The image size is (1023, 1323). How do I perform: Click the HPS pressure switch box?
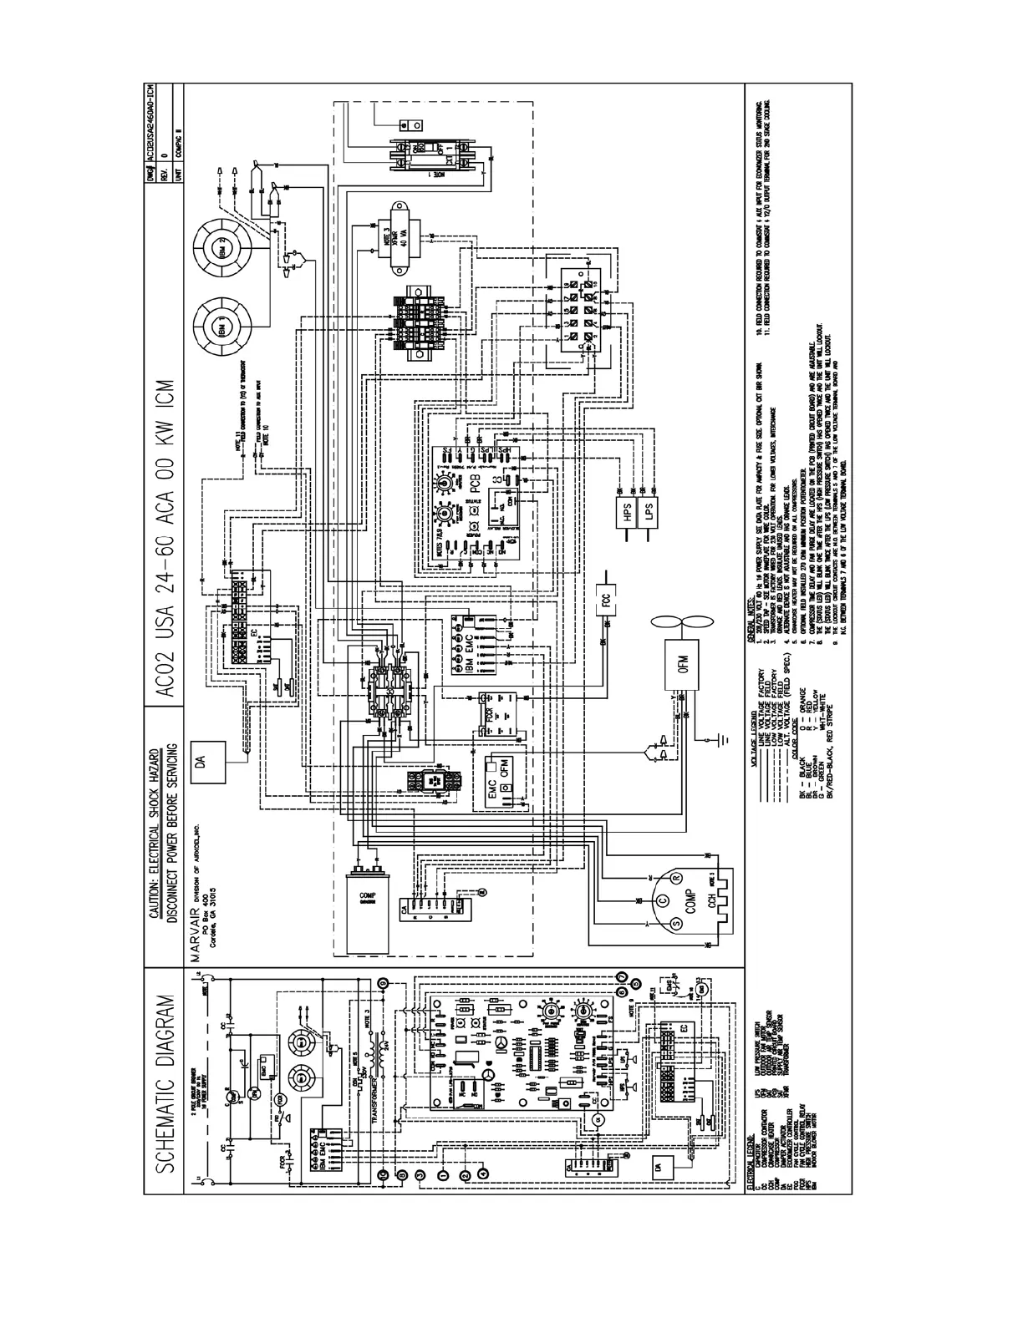click(629, 512)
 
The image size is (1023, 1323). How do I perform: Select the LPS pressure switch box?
click(648, 512)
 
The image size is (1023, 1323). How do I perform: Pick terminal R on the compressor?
click(676, 877)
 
